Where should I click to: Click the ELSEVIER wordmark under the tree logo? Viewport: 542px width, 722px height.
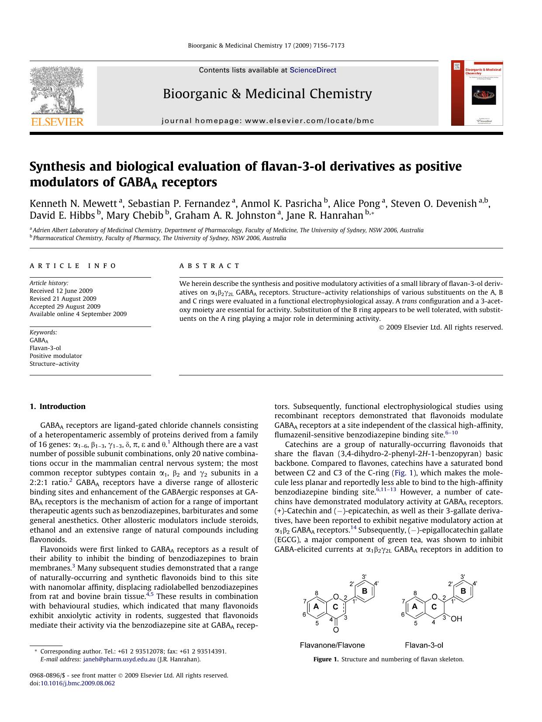pos(57,122)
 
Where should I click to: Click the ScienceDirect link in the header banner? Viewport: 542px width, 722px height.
pos(313,70)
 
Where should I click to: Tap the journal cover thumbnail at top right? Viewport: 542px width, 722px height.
pos(477,93)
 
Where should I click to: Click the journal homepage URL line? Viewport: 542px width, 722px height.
pos(268,121)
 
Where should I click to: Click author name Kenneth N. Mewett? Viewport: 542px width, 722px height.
pos(73,203)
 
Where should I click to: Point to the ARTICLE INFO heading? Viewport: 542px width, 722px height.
pos(73,265)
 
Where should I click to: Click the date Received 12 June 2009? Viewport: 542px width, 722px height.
pos(61,291)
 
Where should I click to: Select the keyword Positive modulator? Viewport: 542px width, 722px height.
pos(56,356)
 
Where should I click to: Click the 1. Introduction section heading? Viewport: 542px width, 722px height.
pos(58,406)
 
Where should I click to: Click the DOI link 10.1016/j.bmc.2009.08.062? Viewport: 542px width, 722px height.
pos(78,683)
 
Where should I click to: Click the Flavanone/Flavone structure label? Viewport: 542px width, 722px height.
pos(332,645)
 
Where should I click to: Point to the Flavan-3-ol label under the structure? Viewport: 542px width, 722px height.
pos(424,645)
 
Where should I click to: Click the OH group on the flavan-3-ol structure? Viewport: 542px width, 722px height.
pos(456,619)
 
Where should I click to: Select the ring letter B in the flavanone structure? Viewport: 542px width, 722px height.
pos(365,591)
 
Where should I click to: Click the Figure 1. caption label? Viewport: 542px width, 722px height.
pos(326,659)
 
